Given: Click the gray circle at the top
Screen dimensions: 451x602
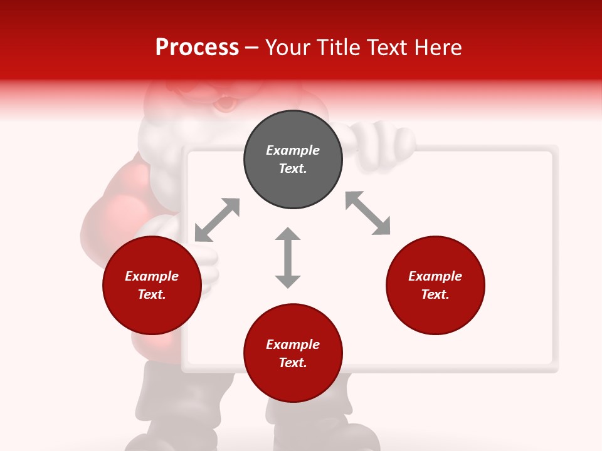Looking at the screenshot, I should (x=293, y=160).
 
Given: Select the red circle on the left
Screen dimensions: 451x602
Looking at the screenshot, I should (x=152, y=285).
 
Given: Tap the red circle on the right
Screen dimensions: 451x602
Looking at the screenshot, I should (x=435, y=285).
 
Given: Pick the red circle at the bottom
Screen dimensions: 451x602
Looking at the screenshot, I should (x=293, y=353).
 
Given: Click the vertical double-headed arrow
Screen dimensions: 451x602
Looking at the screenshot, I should (x=288, y=257).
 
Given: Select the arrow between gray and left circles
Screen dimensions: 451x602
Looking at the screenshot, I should (x=217, y=219).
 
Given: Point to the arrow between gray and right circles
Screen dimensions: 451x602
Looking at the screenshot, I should (x=368, y=213).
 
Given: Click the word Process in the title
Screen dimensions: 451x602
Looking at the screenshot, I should (x=197, y=47).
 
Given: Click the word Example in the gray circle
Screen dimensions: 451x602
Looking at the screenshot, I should (x=293, y=150).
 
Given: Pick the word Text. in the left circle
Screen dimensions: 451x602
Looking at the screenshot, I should (x=152, y=294).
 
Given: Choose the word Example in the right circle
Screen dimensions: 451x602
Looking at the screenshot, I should (x=435, y=276).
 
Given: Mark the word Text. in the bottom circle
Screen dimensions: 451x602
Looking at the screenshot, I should (x=293, y=363).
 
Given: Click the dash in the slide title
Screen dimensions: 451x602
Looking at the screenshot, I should (x=252, y=48).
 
